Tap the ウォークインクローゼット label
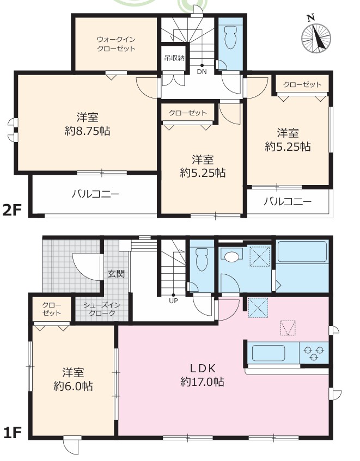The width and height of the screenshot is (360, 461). click(x=116, y=44)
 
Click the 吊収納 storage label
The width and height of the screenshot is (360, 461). click(x=174, y=58)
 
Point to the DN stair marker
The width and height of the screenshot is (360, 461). click(x=202, y=71)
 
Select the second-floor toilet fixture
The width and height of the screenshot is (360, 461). click(x=230, y=37)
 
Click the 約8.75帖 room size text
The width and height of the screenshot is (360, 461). click(x=88, y=131)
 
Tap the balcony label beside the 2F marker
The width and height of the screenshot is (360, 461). click(x=96, y=194)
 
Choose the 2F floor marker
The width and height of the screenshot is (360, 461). click(x=12, y=210)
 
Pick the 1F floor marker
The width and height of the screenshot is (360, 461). click(x=12, y=433)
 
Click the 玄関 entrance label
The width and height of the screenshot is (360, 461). click(x=116, y=274)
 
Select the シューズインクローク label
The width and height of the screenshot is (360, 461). click(x=102, y=309)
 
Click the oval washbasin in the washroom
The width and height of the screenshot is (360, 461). click(x=231, y=256)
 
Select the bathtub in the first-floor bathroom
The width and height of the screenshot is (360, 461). click(x=302, y=251)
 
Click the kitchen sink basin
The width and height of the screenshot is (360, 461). click(x=269, y=353)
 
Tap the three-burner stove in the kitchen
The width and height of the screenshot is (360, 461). click(x=314, y=353)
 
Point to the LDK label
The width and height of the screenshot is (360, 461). click(x=202, y=368)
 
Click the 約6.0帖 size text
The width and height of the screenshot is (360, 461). click(x=73, y=386)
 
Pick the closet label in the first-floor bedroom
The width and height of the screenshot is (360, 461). click(x=52, y=309)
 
